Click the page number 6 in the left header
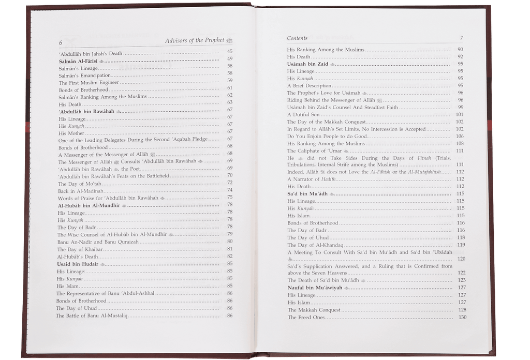pyautogui.click(x=61, y=42)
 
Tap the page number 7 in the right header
pyautogui.click(x=461, y=38)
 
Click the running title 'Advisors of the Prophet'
pyautogui.click(x=195, y=40)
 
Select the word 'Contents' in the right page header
pyautogui.click(x=297, y=38)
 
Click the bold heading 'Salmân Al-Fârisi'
pyautogui.click(x=78, y=60)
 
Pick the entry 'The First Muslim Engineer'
pyautogui.click(x=89, y=82)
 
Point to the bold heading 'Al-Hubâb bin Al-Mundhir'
pyautogui.click(x=89, y=205)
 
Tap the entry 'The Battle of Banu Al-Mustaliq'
pyautogui.click(x=92, y=316)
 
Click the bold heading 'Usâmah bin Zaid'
pyautogui.click(x=308, y=64)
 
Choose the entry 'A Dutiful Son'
pyautogui.click(x=304, y=114)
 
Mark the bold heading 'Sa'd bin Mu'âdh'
pyautogui.click(x=308, y=193)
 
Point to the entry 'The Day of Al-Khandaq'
pyautogui.click(x=313, y=245)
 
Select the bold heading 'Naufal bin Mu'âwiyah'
pyautogui.click(x=315, y=288)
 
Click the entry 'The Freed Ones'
pyautogui.click(x=306, y=317)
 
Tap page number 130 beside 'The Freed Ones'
pyautogui.click(x=462, y=317)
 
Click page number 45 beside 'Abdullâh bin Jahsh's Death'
pyautogui.click(x=230, y=51)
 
